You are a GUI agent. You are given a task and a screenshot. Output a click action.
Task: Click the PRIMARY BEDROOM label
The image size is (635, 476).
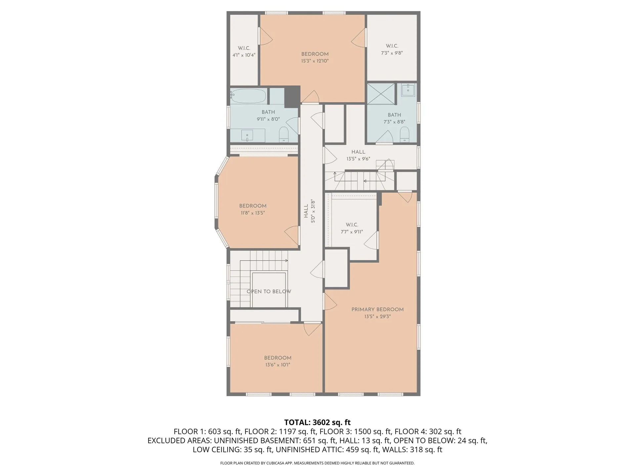[x=377, y=309]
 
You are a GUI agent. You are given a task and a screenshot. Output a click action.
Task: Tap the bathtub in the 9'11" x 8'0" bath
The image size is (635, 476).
[x=248, y=96]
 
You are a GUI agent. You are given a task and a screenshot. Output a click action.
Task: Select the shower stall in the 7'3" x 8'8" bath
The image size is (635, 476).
[x=381, y=94]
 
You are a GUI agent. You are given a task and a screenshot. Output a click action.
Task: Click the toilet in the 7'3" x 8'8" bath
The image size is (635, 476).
[x=404, y=135]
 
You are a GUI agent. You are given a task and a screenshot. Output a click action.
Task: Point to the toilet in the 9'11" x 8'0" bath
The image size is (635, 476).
[x=284, y=134]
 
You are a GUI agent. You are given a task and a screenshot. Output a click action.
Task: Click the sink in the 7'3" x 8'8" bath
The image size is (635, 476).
[x=408, y=90]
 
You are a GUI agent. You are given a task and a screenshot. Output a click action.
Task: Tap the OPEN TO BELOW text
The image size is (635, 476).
[x=269, y=292]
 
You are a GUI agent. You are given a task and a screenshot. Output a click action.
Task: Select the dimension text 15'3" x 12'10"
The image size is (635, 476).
[x=315, y=61]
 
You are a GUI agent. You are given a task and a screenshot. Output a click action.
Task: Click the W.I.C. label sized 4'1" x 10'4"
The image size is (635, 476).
[x=244, y=48]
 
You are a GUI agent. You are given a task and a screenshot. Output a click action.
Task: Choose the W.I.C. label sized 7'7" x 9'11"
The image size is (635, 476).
[x=352, y=225]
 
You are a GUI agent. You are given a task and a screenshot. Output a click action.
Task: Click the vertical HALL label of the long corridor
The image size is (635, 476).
[x=306, y=211]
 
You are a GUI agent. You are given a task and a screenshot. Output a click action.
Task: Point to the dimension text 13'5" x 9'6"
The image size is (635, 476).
[x=358, y=159]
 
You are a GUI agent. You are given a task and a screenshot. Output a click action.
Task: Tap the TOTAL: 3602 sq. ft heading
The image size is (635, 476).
[x=317, y=422]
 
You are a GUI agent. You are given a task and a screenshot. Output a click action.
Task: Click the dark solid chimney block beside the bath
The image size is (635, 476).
[x=292, y=97]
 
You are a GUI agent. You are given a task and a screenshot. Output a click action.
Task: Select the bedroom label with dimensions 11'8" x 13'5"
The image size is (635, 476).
[x=253, y=206]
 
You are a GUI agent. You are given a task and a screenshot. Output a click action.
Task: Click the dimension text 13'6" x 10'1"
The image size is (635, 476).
[x=277, y=365]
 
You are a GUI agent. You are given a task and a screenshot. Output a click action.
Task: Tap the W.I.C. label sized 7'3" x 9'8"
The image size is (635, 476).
[x=392, y=46]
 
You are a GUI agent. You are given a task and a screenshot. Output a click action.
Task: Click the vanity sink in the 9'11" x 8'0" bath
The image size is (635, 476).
[x=247, y=136]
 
